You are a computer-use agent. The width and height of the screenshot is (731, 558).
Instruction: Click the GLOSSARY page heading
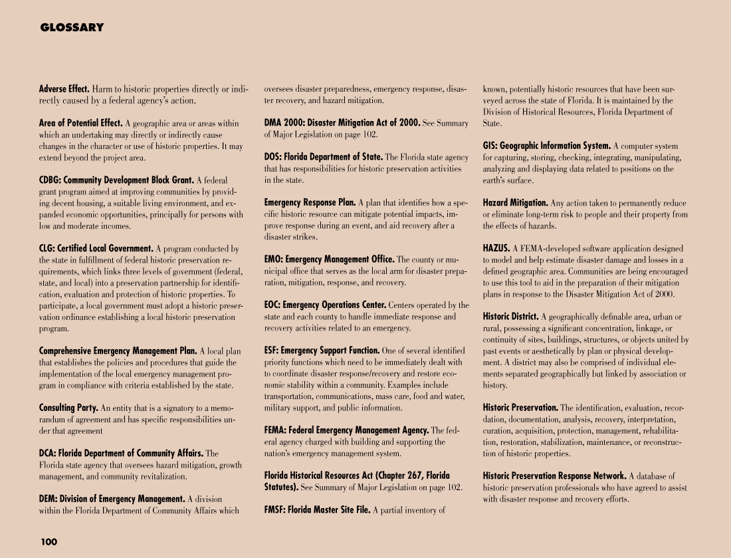pos(72,28)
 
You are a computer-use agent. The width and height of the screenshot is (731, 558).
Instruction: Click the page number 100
pos(49,541)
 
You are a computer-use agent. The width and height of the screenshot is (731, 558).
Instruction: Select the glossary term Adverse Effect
pos(64,88)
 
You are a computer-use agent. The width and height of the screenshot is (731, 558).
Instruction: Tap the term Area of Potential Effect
pos(80,123)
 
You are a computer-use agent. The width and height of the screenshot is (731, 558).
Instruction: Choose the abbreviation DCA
pos(47,454)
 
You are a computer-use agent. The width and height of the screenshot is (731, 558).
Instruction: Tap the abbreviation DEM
pos(48,499)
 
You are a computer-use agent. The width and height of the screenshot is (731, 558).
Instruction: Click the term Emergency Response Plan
pos(310,202)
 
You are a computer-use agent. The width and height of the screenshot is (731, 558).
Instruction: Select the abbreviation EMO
pos(273,259)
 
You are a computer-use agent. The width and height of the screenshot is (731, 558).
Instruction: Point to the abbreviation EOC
pos(272,305)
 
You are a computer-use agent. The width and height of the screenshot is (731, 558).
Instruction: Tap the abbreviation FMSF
pos(275,510)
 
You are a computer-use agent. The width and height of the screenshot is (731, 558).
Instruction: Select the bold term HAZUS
pos(496,248)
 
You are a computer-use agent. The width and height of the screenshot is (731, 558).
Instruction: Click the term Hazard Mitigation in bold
pos(515,202)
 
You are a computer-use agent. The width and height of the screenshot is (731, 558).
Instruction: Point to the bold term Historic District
pos(510,317)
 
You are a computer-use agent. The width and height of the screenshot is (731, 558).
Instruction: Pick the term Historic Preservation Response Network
pos(554,476)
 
